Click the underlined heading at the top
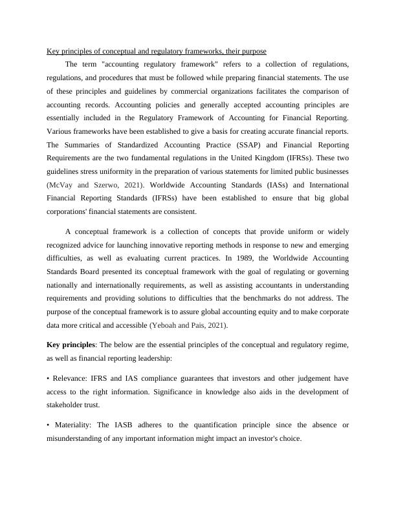point(157,51)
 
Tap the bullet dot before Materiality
point(49,425)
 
